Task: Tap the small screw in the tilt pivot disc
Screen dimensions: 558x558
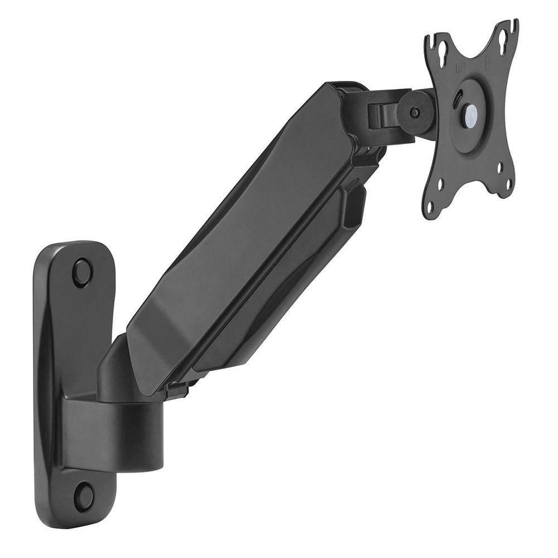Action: tap(415, 112)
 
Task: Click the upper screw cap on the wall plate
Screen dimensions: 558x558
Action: tap(82, 272)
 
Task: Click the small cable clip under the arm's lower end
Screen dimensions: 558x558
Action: tap(176, 389)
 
